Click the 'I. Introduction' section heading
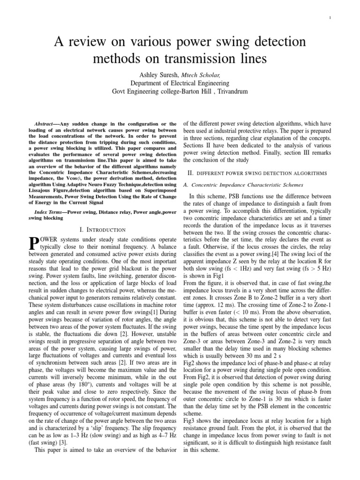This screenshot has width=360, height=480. [x=102, y=230]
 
